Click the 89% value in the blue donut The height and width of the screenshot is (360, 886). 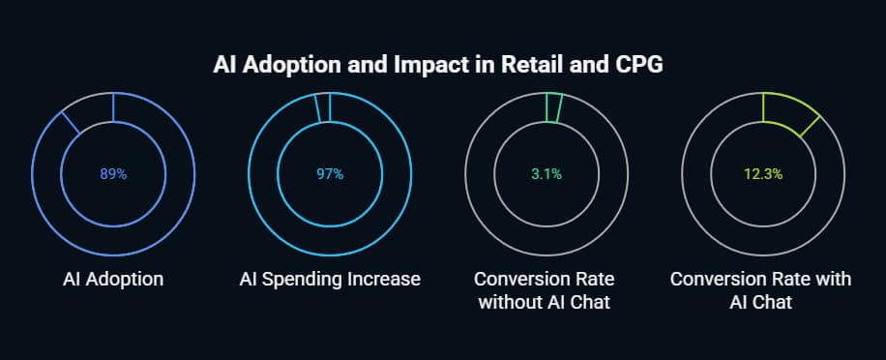point(113,174)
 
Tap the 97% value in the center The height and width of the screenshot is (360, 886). point(330,174)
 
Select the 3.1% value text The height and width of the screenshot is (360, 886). point(546,174)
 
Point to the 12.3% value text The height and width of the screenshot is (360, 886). point(763,174)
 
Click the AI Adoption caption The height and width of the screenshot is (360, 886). point(113,280)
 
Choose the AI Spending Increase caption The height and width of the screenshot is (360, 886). point(330,280)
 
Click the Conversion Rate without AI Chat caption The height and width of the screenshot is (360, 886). point(546,290)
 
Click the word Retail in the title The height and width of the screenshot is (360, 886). point(552,67)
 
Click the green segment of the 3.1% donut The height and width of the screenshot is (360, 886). point(553,107)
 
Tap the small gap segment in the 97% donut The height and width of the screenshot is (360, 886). point(323,107)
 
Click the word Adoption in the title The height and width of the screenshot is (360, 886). point(277,67)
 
